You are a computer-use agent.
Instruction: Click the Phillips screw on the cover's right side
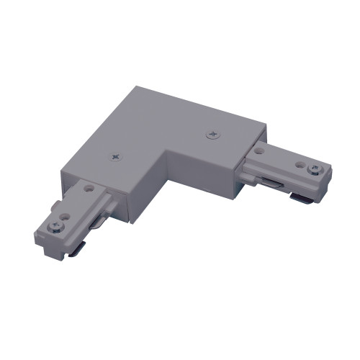(211, 134)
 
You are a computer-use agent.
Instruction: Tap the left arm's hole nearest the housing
(89, 189)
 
